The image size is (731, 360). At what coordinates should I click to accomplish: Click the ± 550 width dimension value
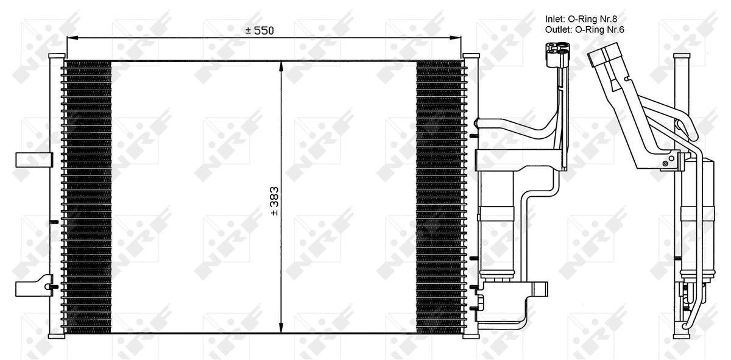click(x=260, y=30)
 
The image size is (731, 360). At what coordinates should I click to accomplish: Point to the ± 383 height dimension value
click(x=275, y=201)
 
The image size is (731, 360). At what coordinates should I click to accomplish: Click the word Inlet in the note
click(x=554, y=19)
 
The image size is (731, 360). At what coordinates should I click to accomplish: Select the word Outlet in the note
click(x=558, y=30)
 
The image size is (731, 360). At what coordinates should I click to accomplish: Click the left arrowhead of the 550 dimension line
click(x=72, y=38)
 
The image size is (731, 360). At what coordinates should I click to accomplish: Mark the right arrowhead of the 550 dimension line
click(x=455, y=38)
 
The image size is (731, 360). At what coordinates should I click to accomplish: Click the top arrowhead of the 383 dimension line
click(x=281, y=67)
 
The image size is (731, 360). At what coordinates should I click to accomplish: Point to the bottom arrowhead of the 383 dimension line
click(x=281, y=327)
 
